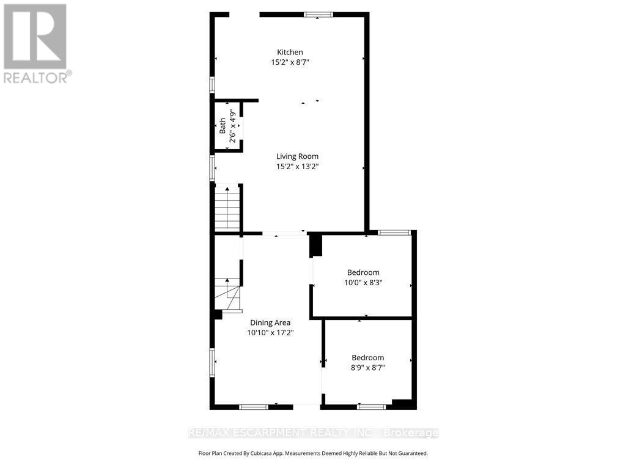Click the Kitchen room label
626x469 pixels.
point(290,53)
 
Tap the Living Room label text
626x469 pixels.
point(297,156)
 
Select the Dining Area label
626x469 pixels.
point(270,322)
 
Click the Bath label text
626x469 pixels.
point(223,126)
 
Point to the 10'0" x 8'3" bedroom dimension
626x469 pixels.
point(363,282)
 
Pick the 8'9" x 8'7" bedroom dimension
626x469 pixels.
point(367,368)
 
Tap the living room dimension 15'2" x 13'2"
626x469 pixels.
point(297,166)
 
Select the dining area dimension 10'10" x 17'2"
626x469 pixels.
point(270,333)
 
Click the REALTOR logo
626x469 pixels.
point(36,43)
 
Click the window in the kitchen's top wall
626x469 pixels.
point(319,15)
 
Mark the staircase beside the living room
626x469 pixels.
point(227,208)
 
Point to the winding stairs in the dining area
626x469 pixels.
point(227,295)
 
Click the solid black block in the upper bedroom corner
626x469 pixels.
point(315,245)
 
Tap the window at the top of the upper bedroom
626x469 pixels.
point(394,232)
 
